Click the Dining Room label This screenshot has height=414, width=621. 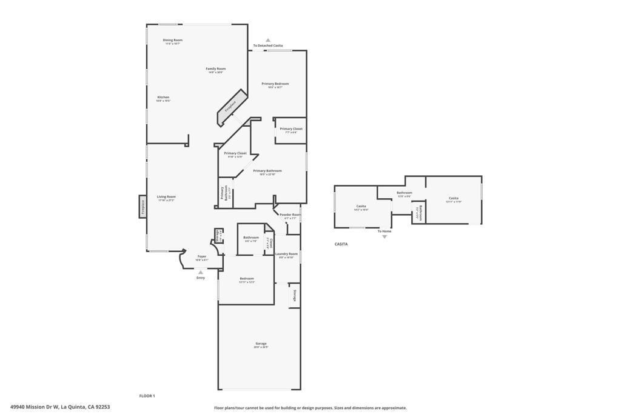coord(173,40)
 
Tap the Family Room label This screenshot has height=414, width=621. coord(216,68)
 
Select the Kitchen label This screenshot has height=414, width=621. coord(163,97)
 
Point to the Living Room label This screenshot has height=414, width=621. coord(166,196)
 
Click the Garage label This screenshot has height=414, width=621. coord(261,344)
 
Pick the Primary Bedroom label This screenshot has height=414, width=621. coord(275,84)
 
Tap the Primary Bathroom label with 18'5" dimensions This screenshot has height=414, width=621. coord(267,171)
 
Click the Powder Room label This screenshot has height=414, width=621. coord(290,215)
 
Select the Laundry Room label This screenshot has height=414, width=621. coord(286,254)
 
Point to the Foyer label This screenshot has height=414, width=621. coord(202,256)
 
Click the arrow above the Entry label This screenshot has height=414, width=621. coord(201,272)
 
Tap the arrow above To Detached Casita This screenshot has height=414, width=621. coord(268,40)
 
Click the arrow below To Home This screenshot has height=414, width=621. coord(384,236)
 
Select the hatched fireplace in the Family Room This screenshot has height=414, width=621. coord(233,106)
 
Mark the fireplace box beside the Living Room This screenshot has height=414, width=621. coord(143,208)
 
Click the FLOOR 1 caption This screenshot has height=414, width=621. coord(147,396)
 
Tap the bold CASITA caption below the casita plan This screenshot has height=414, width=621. coord(341,244)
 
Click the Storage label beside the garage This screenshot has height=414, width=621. coord(295,296)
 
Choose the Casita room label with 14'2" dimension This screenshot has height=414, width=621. coord(361,207)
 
